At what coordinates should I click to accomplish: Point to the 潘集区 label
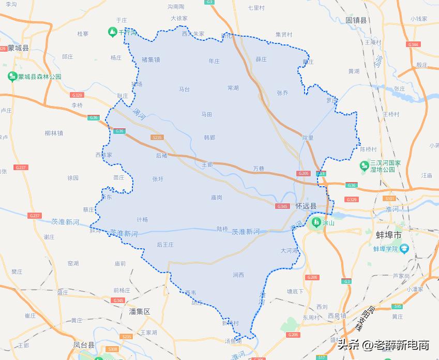pyautogui.click(x=139, y=311)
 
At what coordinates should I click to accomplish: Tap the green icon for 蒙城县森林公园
pyautogui.click(x=12, y=77)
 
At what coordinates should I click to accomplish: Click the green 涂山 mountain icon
pyautogui.click(x=314, y=223)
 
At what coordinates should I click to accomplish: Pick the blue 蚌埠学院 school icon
pyautogui.click(x=404, y=248)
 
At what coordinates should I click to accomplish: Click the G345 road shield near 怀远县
pyautogui.click(x=282, y=206)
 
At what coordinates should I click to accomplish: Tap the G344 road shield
pyautogui.click(x=413, y=44)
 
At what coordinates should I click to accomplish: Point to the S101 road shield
pyautogui.click(x=389, y=199)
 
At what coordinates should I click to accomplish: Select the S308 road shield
pyautogui.click(x=113, y=350)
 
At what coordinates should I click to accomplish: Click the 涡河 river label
pyautogui.click(x=139, y=114)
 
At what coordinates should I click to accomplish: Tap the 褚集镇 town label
pyautogui.click(x=150, y=59)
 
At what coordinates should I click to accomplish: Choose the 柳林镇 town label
pyautogui.click(x=54, y=133)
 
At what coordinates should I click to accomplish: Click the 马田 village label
pyautogui.click(x=207, y=114)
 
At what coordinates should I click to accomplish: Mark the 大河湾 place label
pyautogui.click(x=289, y=250)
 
